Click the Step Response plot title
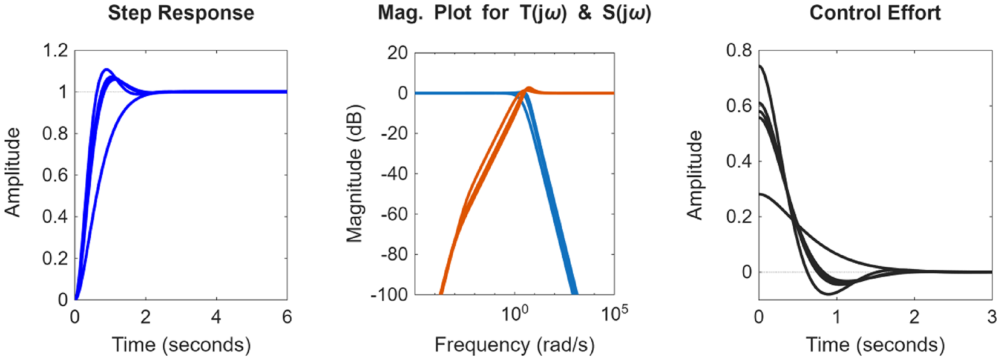(x=181, y=13)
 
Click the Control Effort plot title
(x=875, y=13)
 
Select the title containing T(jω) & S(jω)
(x=514, y=13)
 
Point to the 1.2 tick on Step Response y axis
(x=55, y=51)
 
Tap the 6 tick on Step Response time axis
(x=287, y=316)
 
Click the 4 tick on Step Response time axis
(x=216, y=316)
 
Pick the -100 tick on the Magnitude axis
(x=394, y=295)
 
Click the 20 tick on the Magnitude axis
(x=398, y=53)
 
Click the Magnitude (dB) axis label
(x=354, y=174)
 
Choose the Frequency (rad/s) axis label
(x=514, y=345)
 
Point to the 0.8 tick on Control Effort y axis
(x=739, y=51)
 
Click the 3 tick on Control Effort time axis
(x=991, y=316)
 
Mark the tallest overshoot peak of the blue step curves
(x=106, y=70)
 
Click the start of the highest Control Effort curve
(x=760, y=66)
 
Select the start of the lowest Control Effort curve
(x=760, y=194)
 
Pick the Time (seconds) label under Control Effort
(x=875, y=345)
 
